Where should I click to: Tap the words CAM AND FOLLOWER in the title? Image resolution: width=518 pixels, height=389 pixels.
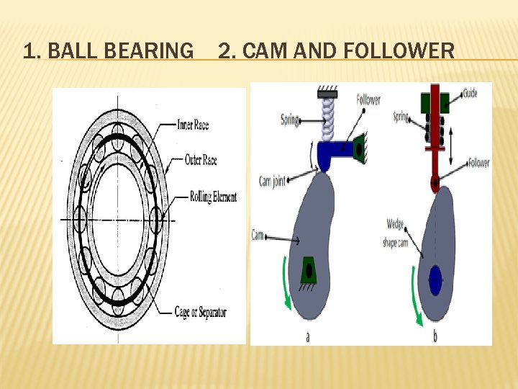pos(348,51)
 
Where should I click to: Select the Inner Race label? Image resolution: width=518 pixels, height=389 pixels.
pos(192,125)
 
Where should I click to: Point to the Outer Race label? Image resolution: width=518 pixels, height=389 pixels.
pos(201,160)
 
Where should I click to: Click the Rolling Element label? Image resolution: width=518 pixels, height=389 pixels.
pos(213,197)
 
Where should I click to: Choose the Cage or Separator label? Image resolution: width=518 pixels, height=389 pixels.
pos(200,312)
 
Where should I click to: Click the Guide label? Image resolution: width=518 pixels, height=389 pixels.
pos(471,93)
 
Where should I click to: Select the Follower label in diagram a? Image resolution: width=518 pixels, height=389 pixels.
pos(368,100)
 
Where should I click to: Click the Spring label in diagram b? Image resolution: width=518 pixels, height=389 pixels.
pos(401,115)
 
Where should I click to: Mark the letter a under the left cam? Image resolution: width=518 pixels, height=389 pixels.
pos(308,336)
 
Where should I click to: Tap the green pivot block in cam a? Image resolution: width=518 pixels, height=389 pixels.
pos(309,270)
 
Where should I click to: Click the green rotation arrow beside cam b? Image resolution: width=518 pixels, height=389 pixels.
pos(417,295)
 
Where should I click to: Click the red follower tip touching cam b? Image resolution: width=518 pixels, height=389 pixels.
pos(435,183)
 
